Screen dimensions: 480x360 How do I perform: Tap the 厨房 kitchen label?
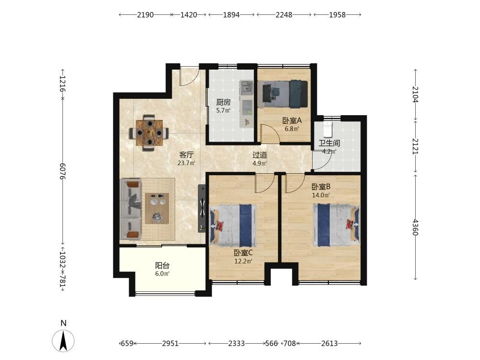223,102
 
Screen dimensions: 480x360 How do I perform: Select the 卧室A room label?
292,120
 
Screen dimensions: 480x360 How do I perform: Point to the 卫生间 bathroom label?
329,143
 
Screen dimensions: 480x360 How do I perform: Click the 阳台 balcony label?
162,265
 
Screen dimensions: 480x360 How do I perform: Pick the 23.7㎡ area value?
186,163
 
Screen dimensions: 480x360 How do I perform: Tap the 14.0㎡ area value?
321,195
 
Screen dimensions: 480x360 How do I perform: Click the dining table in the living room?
149,133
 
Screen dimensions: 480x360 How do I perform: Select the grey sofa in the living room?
131,209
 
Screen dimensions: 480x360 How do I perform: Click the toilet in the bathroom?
327,129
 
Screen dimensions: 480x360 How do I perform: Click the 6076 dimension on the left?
63,171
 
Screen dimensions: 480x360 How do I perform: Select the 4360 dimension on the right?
415,227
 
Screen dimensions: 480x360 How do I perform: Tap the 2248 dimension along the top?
284,15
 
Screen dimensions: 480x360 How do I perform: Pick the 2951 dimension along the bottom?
170,344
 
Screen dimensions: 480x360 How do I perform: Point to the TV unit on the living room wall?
202,208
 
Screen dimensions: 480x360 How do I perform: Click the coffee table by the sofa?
157,208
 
